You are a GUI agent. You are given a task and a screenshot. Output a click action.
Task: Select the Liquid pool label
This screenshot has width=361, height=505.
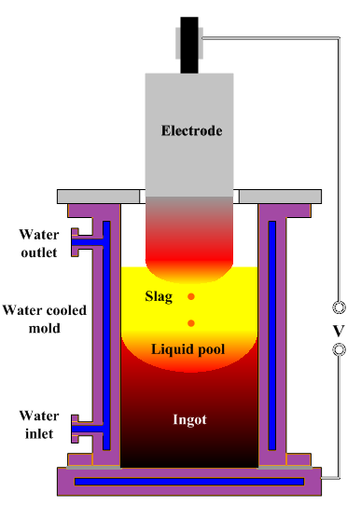click(x=190, y=348)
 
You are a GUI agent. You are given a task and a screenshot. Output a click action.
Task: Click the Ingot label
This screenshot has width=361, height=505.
click(x=190, y=420)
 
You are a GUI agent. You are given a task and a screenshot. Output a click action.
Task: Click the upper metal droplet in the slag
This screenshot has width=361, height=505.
click(x=191, y=297)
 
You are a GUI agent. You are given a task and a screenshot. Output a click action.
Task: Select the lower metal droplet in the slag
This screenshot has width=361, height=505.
click(x=191, y=323)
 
